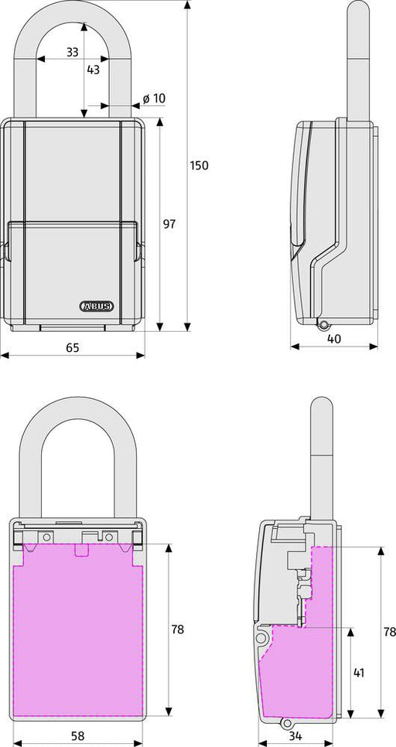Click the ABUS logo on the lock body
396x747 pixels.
[x=97, y=305]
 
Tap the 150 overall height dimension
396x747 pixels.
[x=200, y=165]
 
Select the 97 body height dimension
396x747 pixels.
[x=169, y=224]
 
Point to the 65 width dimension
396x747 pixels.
[x=73, y=348]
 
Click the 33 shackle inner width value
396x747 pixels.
[x=72, y=53]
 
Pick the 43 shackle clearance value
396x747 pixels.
[x=93, y=70]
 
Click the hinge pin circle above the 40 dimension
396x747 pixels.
[x=323, y=325]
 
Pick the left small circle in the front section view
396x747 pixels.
[x=46, y=535]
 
